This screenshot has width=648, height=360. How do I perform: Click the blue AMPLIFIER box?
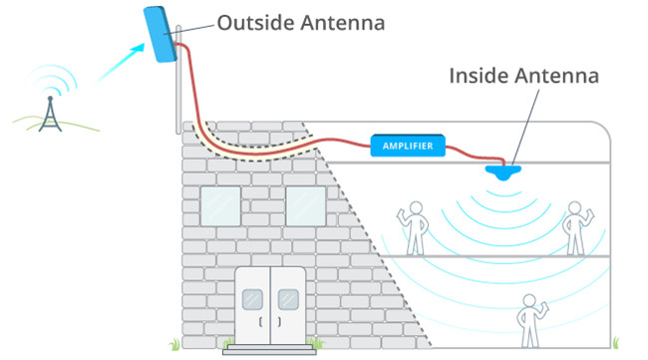408,147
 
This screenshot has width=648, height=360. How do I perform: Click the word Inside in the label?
478,75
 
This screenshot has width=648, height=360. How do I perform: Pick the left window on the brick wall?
220,205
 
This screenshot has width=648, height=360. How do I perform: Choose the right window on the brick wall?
305,205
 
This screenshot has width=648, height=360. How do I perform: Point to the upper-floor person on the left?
415,225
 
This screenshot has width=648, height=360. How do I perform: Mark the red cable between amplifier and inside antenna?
473,154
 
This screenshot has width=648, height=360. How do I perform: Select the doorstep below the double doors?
268,348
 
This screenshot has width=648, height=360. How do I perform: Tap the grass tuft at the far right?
619,340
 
